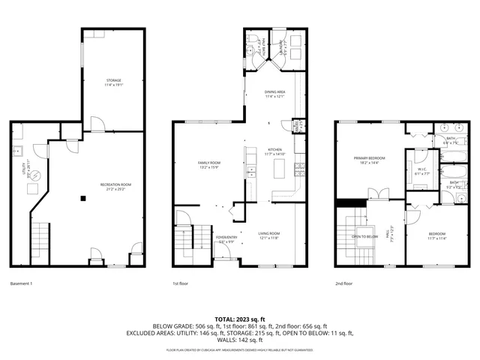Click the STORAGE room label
point(113,81)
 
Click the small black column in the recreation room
point(83,198)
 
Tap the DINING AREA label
point(274,93)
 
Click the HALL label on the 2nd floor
point(388,235)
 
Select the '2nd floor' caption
point(346,284)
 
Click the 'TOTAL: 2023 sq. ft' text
point(240,319)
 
